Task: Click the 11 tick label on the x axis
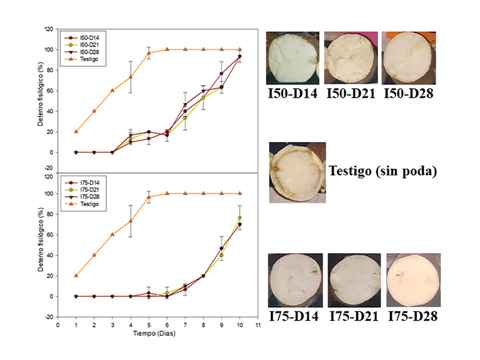[257, 325]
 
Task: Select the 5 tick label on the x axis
[149, 325]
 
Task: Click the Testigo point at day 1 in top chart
[76, 131]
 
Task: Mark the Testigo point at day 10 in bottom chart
[240, 194]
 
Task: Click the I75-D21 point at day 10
[240, 218]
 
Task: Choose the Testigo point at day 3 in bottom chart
[112, 235]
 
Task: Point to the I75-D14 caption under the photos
[294, 317]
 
